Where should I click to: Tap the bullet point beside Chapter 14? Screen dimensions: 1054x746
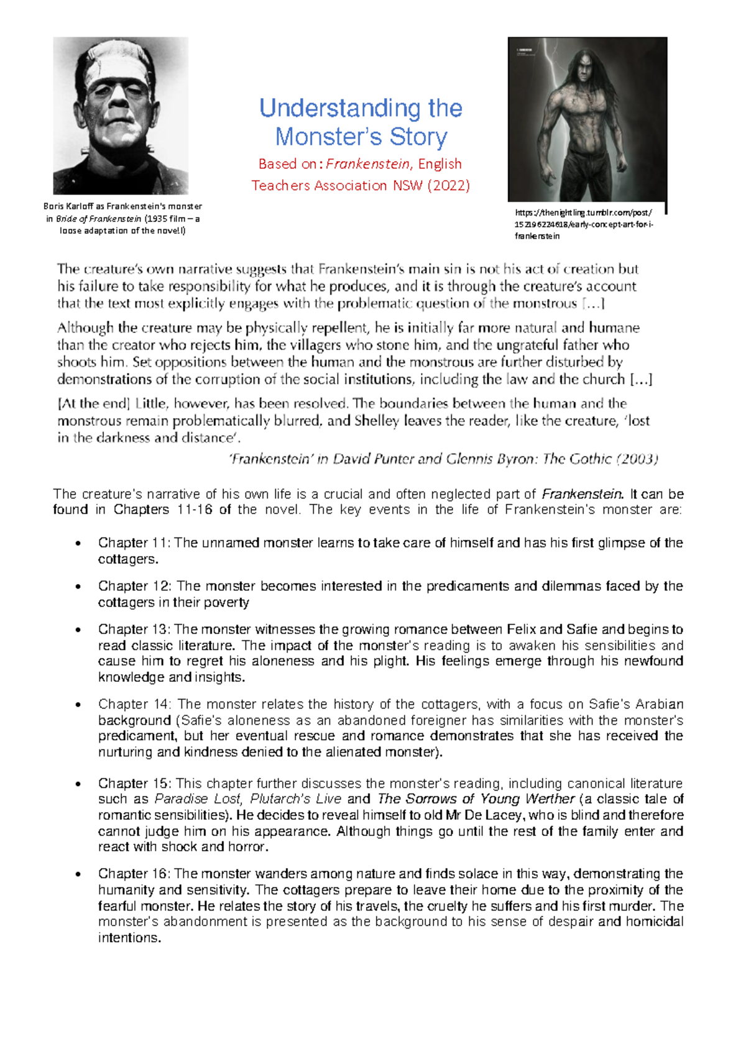78,705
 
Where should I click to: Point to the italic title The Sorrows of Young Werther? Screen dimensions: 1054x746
476,799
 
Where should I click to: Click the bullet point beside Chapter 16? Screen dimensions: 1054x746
78,874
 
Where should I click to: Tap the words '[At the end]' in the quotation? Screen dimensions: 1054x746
93,404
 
